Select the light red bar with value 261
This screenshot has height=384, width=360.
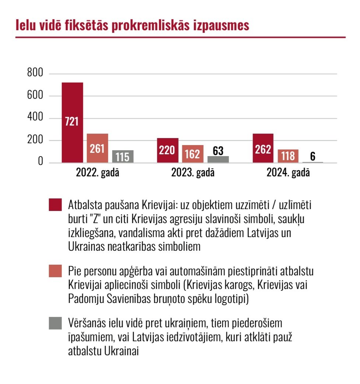point(98,148)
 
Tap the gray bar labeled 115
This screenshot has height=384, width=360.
point(123,156)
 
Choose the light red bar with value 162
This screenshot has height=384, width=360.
point(193,154)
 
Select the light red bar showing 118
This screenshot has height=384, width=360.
point(288,156)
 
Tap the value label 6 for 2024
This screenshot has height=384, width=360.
point(313,156)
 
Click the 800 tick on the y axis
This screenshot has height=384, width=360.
point(35,73)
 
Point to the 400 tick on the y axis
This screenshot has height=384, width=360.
point(35,118)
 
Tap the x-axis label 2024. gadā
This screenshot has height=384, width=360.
point(288,173)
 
